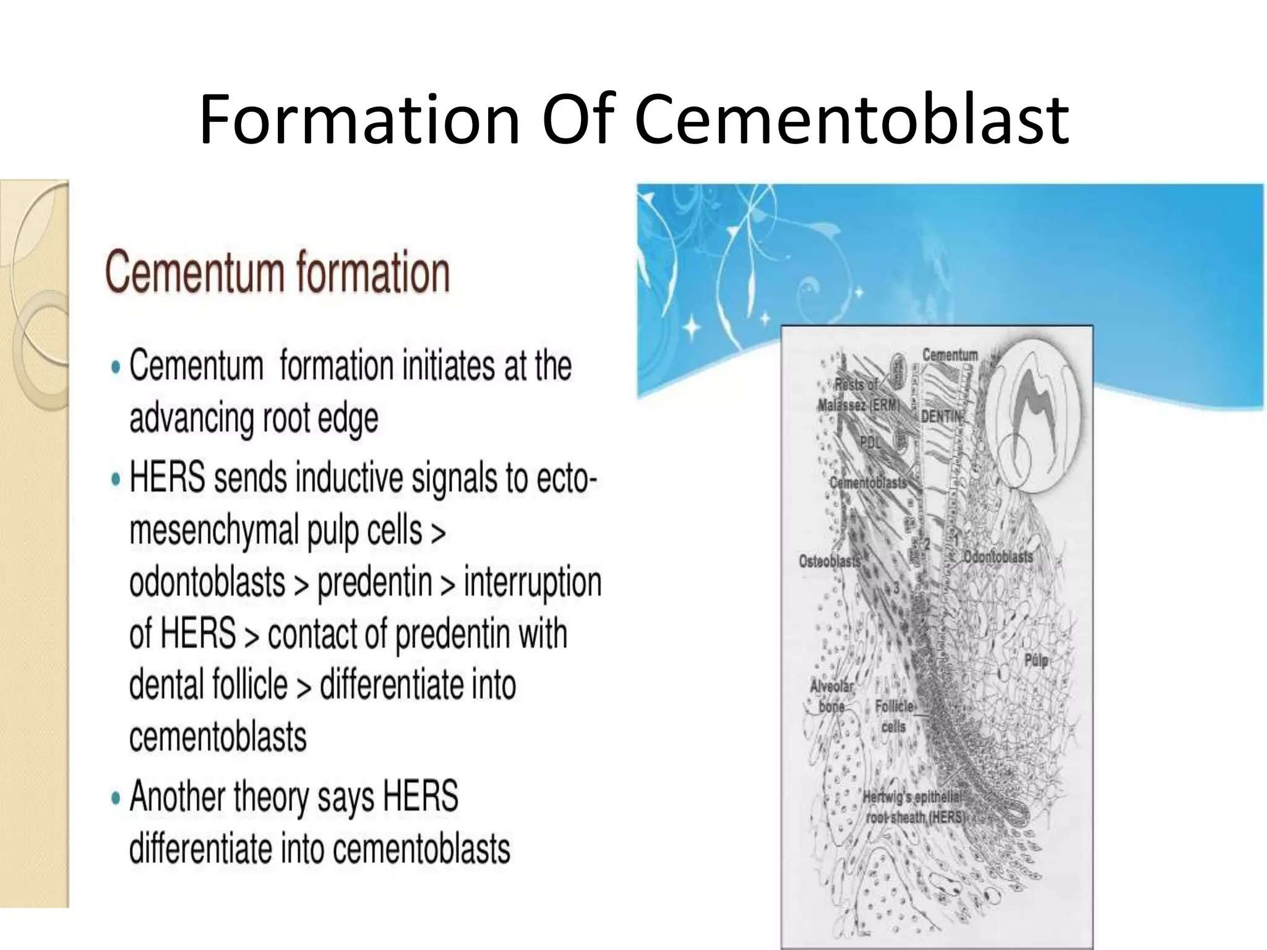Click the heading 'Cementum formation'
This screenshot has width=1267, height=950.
coord(277,272)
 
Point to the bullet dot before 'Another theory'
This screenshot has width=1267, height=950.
coord(116,798)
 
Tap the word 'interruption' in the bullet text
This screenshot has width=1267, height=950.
coord(532,583)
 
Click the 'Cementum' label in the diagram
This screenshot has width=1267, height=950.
coord(950,355)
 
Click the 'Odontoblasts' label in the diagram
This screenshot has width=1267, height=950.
coord(997,556)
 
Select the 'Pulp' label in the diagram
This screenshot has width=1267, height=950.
coord(1036,661)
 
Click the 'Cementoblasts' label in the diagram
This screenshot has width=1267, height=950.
coord(867,482)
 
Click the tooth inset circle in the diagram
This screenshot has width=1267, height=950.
coord(1039,417)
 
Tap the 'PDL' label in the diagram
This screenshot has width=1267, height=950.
coord(869,443)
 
